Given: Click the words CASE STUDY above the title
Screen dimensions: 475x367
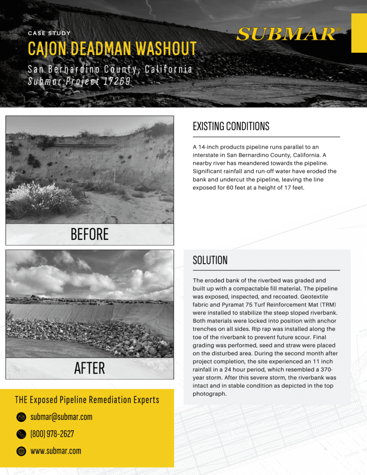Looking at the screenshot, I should (49, 33).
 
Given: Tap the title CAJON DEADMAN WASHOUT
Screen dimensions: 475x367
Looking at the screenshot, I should (112, 48).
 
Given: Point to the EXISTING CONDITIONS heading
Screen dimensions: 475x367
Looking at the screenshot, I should (231, 126).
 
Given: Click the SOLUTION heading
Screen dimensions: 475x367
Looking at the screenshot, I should (210, 260).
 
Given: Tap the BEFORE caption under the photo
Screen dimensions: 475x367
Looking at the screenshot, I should (90, 234).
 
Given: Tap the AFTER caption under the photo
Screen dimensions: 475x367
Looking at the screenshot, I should (90, 368).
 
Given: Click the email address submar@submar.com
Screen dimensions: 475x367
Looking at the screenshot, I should (61, 417).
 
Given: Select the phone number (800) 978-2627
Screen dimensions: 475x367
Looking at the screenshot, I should (52, 434).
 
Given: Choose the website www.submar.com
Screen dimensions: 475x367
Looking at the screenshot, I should (56, 451).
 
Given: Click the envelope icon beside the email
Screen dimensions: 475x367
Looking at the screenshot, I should (21, 417).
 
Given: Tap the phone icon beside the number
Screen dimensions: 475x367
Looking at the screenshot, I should (21, 434).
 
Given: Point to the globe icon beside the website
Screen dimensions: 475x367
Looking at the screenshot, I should (21, 451).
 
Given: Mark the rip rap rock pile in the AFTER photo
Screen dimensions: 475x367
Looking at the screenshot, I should (88, 334).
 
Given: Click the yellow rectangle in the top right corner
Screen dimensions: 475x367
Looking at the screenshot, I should (359, 32).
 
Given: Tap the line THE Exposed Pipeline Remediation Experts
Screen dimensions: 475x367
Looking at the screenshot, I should (87, 400).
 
